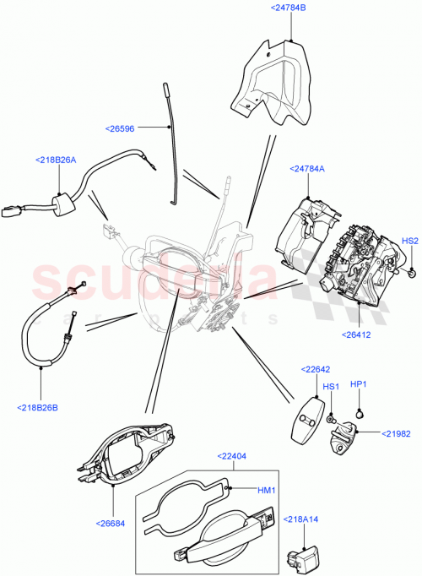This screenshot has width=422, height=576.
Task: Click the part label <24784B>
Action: (289, 8)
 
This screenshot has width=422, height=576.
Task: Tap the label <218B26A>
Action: (57, 160)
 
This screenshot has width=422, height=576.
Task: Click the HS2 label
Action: (409, 241)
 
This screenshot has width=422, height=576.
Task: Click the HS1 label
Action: (332, 387)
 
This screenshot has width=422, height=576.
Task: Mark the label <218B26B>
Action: (39, 408)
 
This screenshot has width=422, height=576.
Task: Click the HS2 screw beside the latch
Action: (409, 272)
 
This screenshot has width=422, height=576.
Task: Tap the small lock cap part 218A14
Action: (298, 560)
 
